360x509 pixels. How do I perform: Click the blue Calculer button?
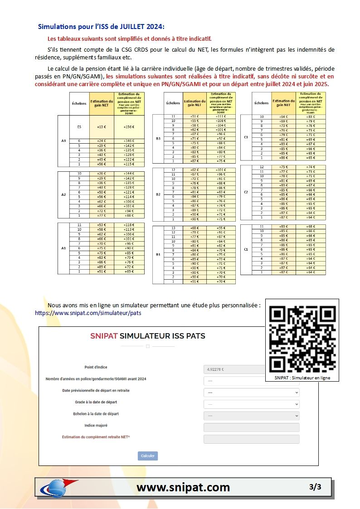(148, 456)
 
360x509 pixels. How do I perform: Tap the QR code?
(302, 339)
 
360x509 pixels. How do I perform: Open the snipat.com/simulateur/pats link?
(84, 313)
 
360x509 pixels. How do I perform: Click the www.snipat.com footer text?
(183, 487)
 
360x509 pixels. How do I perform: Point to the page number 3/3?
(315, 487)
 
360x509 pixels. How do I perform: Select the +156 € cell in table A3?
(129, 127)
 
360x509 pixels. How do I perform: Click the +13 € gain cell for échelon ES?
(102, 127)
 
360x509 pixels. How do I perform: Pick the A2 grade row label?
(63, 194)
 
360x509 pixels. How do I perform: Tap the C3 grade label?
(246, 137)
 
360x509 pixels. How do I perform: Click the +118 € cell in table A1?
(129, 225)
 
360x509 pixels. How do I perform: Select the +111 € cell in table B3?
(221, 116)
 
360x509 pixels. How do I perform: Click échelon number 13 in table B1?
(173, 228)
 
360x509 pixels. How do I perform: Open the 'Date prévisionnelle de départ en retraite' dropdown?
(252, 393)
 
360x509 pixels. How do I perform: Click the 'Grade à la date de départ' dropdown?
(252, 404)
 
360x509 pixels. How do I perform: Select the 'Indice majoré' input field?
(252, 427)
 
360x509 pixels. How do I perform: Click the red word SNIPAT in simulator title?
(104, 336)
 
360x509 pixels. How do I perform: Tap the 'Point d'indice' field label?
(96, 367)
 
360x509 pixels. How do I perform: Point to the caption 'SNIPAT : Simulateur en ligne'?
(302, 378)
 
